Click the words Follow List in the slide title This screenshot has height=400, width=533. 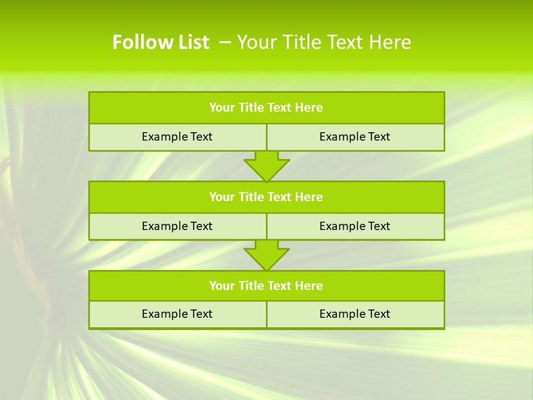[160, 42]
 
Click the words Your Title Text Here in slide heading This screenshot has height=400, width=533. [324, 42]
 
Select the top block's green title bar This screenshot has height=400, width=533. [266, 108]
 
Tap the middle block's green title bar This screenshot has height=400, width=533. [266, 197]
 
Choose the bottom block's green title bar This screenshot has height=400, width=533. [266, 286]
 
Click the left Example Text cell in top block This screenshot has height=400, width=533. [177, 137]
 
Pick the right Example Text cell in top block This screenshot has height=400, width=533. [355, 137]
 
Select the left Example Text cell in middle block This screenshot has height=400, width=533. [177, 226]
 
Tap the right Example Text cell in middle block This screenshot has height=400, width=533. [355, 226]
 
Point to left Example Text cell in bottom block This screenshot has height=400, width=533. [177, 314]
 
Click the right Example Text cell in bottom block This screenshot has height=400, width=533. [355, 314]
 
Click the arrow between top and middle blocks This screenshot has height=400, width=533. [266, 166]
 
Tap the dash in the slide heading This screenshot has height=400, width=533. [225, 42]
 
